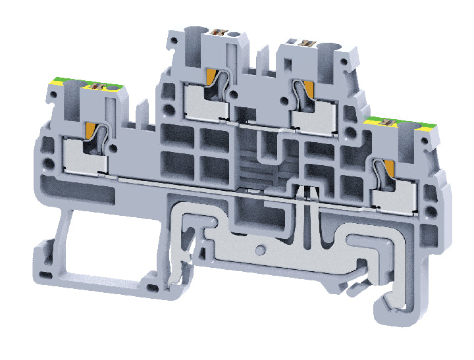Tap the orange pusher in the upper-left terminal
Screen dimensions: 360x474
tap(213, 78)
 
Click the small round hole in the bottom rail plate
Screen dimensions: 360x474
tap(261, 250)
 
